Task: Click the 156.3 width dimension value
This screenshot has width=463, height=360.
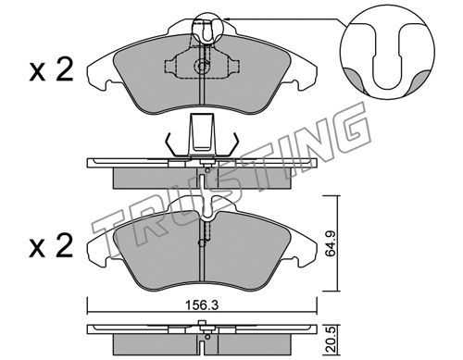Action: point(202,305)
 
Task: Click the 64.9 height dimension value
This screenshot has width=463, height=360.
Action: point(332,243)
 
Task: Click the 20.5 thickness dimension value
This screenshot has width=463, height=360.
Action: point(332,341)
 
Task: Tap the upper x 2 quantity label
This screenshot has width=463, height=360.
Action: point(51,70)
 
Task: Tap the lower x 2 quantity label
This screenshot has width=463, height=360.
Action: point(51,246)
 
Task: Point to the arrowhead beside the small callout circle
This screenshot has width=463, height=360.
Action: point(226,19)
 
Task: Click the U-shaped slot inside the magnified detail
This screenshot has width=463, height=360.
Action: point(387,57)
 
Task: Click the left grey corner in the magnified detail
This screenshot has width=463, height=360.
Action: point(354,79)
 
